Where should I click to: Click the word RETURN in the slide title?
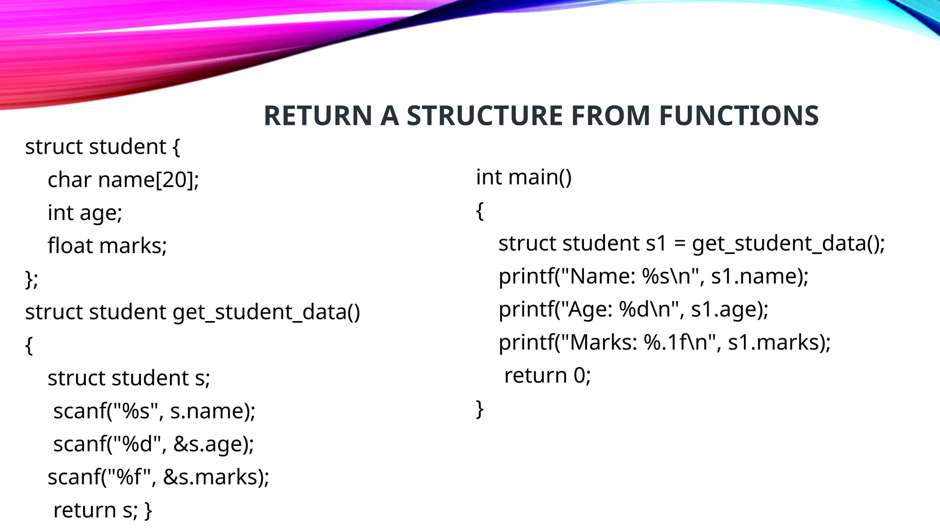pyautogui.click(x=318, y=115)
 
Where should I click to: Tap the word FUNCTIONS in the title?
pyautogui.click(x=739, y=115)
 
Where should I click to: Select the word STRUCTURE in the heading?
pyautogui.click(x=484, y=115)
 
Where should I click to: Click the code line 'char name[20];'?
pyautogui.click(x=123, y=180)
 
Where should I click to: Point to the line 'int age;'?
pyautogui.click(x=85, y=213)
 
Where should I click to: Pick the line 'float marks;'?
pyautogui.click(x=107, y=246)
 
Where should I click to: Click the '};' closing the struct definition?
pyautogui.click(x=32, y=279)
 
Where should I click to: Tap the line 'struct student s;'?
pyautogui.click(x=129, y=378)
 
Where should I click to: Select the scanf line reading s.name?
pyautogui.click(x=154, y=411)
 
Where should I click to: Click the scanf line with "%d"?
pyautogui.click(x=153, y=444)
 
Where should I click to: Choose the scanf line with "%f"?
pyautogui.click(x=158, y=477)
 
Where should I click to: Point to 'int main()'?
pyautogui.click(x=524, y=177)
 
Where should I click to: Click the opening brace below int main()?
pyautogui.click(x=480, y=211)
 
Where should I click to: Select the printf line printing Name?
pyautogui.click(x=653, y=276)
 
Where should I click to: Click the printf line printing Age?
pyautogui.click(x=633, y=310)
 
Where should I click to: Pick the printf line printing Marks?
pyautogui.click(x=665, y=343)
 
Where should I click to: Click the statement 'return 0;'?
pyautogui.click(x=547, y=376)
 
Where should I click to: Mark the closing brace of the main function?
pyautogui.click(x=480, y=409)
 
